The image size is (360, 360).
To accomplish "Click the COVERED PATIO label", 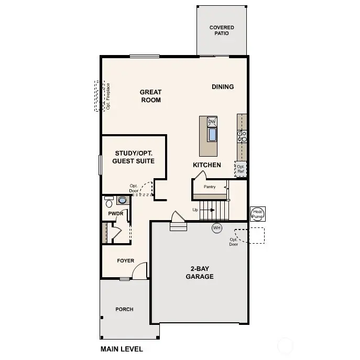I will [222, 30].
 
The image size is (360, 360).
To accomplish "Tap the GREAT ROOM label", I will [150, 96].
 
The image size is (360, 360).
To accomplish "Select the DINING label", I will [223, 86].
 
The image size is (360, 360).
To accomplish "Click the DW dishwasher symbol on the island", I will [212, 122].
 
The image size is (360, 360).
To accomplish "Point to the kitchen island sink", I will [212, 135].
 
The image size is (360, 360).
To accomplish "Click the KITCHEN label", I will [207, 165].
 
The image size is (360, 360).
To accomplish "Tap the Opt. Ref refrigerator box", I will [241, 169].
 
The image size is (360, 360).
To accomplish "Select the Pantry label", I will [210, 186].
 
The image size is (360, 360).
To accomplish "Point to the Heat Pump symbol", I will [258, 213].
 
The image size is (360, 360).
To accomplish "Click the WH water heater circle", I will [217, 228].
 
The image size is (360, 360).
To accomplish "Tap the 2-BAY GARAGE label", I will [200, 272].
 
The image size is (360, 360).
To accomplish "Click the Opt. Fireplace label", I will [108, 96].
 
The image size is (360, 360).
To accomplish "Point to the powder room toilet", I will [108, 202].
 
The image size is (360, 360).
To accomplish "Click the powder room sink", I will [123, 200].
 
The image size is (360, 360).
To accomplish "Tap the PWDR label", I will [115, 214].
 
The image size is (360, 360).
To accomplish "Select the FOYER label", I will [125, 260].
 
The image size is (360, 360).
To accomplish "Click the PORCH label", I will [124, 309].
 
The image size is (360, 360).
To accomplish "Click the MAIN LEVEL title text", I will [121, 349].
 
